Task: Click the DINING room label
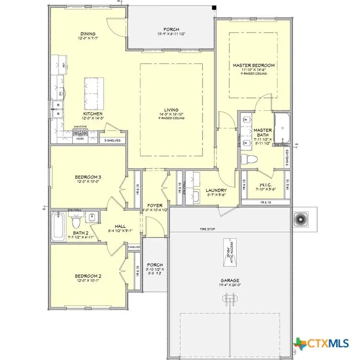88,34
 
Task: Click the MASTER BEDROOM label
253,65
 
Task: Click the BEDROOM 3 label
87,177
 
